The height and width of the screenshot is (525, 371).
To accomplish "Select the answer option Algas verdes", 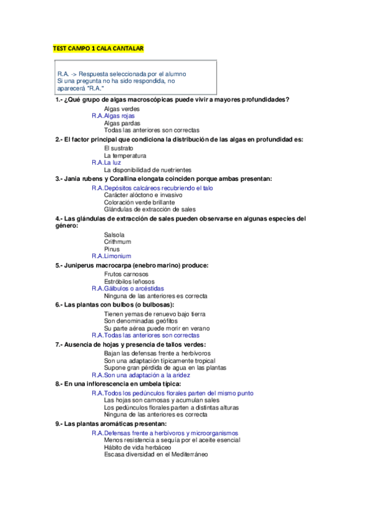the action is coord(121,109).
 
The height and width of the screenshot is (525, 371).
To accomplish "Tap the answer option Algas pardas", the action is coord(122,123).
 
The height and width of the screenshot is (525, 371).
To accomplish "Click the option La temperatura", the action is coord(124,155).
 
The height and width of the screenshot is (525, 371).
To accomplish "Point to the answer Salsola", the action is coord(114,235).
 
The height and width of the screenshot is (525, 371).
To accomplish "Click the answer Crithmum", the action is coord(118,241).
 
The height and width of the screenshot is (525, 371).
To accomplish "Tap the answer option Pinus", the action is coord(111,249).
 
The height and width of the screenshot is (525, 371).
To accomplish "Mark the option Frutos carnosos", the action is coord(126,274).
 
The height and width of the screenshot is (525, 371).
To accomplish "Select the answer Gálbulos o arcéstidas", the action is coord(134,289).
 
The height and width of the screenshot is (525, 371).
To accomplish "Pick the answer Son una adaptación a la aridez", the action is coord(147,375).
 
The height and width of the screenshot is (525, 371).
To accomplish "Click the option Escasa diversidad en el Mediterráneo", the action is coord(155,454).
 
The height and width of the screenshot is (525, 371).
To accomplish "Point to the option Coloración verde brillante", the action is coord(139,202).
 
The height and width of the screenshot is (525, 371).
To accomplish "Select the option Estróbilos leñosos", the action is coord(129,282).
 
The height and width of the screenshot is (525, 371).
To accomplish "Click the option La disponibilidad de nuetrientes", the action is coord(147,170).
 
